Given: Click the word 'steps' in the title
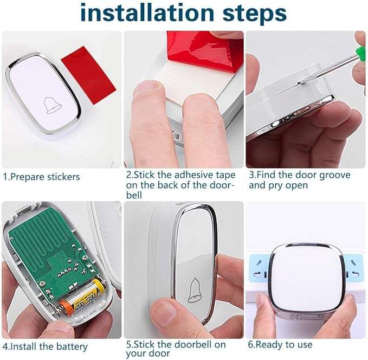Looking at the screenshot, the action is coord(254,14).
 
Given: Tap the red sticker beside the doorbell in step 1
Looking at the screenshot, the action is coord(89,75).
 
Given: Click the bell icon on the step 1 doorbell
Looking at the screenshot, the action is coord(53,105).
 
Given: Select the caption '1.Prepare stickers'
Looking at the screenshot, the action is coord(41,177).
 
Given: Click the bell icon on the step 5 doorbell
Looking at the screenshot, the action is coord(194,290).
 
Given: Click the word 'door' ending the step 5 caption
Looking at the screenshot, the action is coord(158,353).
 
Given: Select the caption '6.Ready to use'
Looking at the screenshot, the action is coord(280,344).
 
